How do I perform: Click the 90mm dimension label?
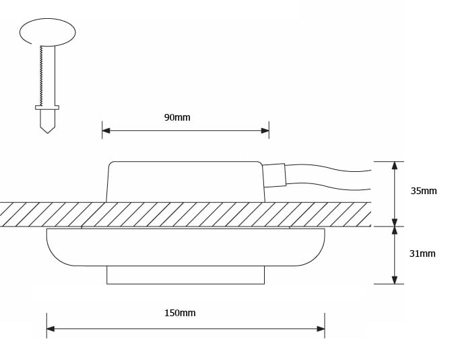(x=177, y=117)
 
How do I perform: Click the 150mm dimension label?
(x=180, y=313)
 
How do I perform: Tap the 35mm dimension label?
(x=424, y=191)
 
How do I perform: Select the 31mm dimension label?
(x=422, y=253)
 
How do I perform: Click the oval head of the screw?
(x=47, y=32)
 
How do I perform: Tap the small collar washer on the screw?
(x=47, y=107)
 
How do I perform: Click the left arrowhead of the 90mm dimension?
(x=106, y=130)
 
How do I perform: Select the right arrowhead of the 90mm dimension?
(x=265, y=130)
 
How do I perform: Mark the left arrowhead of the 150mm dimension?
(x=51, y=329)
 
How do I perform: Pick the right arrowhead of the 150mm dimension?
(x=321, y=329)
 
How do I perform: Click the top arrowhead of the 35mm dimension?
(x=395, y=166)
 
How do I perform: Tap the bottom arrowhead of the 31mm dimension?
(x=395, y=279)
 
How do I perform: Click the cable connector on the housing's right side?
(x=274, y=175)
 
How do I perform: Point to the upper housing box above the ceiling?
(x=185, y=181)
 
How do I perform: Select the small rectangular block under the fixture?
(x=185, y=274)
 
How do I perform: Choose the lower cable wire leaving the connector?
(x=330, y=187)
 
